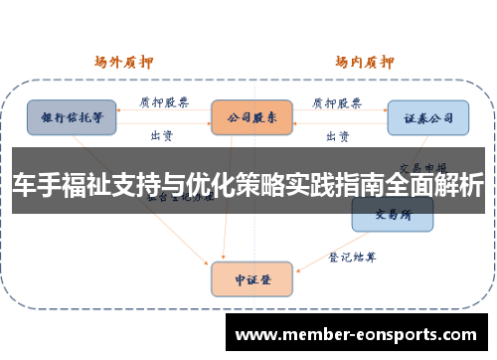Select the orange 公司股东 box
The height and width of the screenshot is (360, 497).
pos(251,116)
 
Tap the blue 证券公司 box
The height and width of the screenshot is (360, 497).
pos(427,116)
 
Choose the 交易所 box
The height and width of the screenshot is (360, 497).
pos(393,213)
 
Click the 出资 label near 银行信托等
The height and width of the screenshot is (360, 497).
pos(161,134)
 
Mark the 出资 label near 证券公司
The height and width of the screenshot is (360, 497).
pos(338,134)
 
